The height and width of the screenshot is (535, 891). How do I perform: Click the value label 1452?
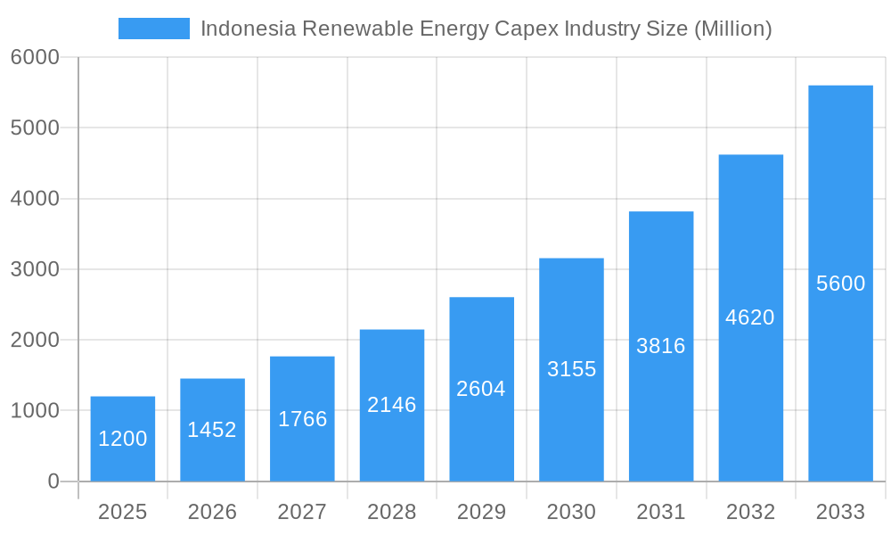pos(212,430)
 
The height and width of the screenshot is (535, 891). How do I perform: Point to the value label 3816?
pos(661,346)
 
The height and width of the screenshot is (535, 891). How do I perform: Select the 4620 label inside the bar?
pos(750,317)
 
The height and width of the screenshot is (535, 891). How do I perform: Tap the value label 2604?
pos(481,389)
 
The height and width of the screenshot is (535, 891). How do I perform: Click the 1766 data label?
pos(302,419)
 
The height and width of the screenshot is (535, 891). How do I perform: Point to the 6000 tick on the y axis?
pos(35,57)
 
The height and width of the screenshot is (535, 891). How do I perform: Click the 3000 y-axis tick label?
pos(35,269)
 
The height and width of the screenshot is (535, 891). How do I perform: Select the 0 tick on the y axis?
pos(53,481)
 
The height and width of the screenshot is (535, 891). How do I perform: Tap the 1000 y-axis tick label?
pos(35,411)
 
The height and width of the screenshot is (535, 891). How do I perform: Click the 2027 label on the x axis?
pos(302,512)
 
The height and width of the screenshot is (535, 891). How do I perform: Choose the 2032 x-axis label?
pos(750,512)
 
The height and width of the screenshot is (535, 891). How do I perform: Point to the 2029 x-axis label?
pos(481,512)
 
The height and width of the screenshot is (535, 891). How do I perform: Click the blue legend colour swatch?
pos(154,29)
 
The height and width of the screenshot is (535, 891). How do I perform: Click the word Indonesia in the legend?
pos(248,29)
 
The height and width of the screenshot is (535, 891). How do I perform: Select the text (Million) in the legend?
pos(732,29)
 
